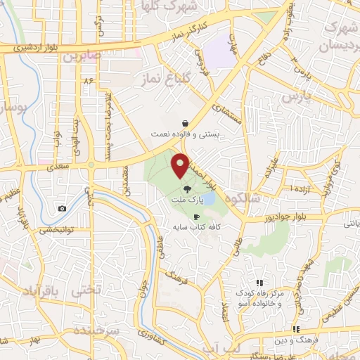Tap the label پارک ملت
[x=184, y=200]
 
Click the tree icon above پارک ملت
[x=186, y=188]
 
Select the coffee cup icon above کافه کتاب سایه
[x=196, y=217]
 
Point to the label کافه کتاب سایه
[x=193, y=228]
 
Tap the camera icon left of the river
[x=63, y=208]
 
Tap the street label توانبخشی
[x=56, y=230]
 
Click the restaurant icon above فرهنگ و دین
[x=296, y=328]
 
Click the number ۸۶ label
[x=88, y=82]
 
